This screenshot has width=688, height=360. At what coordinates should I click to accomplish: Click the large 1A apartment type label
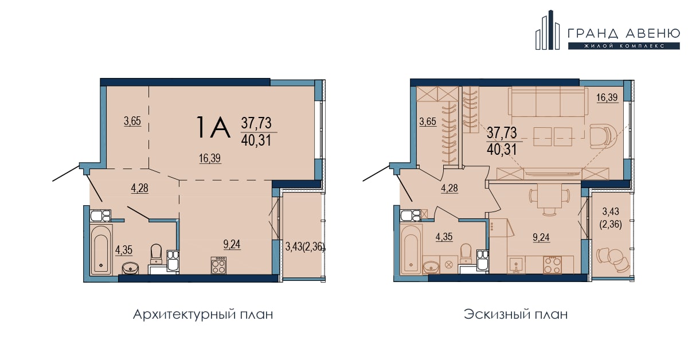point(213,127)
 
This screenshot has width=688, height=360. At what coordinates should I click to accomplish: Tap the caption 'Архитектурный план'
point(203,315)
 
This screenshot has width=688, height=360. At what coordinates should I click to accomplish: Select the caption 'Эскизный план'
point(515,315)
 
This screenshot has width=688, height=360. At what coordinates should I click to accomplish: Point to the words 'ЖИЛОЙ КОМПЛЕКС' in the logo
point(624,46)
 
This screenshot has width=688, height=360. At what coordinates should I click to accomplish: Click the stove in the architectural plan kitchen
point(218,265)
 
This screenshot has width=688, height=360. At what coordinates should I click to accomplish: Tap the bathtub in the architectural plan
point(101,249)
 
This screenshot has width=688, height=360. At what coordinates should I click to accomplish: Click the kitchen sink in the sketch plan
point(517,265)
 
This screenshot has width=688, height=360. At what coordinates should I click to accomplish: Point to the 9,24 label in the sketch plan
point(541,237)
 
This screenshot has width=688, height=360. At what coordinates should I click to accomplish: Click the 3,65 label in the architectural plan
point(132,121)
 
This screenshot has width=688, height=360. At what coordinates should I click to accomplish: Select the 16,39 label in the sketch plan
point(607,97)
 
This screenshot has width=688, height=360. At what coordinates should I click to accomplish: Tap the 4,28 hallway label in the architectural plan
point(140,188)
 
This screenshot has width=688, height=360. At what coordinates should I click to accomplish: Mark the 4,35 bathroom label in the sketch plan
point(444,237)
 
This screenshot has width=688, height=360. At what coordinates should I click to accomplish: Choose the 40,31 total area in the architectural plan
point(256,140)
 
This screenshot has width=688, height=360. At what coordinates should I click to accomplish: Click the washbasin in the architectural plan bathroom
point(131,268)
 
